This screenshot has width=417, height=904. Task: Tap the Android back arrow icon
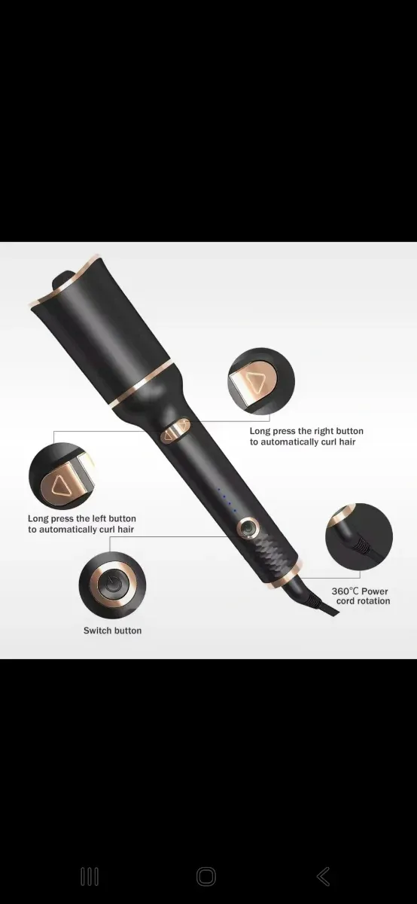click(x=323, y=876)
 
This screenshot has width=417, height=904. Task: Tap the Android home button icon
click(x=206, y=877)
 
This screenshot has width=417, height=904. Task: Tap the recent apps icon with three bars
click(x=90, y=877)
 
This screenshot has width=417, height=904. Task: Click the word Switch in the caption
click(x=96, y=631)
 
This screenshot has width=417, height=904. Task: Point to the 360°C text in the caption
click(x=345, y=591)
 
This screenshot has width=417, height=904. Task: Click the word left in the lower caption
click(x=99, y=518)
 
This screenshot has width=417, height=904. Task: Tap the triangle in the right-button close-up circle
click(x=256, y=380)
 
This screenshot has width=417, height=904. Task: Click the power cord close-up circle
click(x=359, y=536)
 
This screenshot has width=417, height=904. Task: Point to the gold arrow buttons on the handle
click(x=175, y=430)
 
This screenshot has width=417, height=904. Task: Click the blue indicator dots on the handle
click(x=227, y=500)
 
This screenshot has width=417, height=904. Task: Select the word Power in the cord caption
click(x=374, y=591)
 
